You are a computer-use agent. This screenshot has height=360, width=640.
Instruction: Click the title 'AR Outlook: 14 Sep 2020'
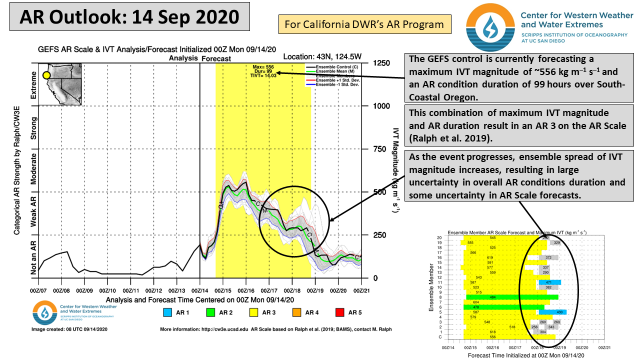tap(129, 17)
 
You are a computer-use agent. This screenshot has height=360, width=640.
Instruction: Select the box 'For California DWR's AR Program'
tap(364, 24)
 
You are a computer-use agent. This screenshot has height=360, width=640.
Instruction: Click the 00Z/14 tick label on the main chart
tap(199, 290)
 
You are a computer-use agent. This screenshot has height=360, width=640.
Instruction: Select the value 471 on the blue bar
tap(548, 282)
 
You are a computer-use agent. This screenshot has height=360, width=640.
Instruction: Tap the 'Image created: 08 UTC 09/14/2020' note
tap(70, 329)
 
